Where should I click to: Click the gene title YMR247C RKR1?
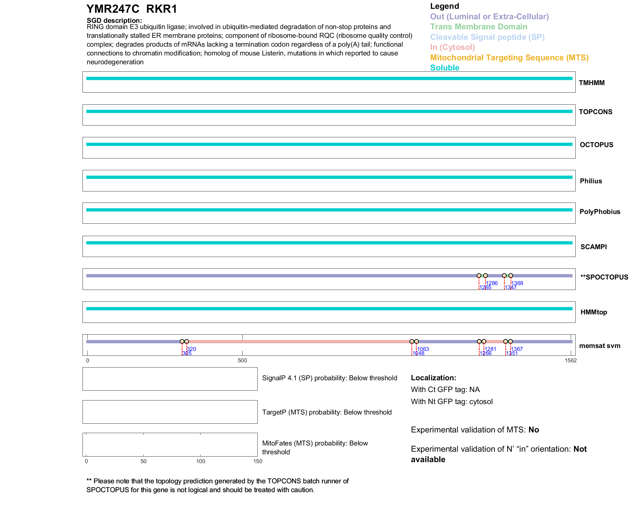(131, 9)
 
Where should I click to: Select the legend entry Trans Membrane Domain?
(478, 27)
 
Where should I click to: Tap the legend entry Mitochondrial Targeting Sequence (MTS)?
(509, 58)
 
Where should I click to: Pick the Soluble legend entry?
(445, 68)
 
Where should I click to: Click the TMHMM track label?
(591, 83)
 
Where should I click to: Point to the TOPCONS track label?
(595, 112)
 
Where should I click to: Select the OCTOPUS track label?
(596, 145)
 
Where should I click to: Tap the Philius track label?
(591, 181)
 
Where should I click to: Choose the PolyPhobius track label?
(599, 212)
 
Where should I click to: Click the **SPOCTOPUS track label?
(604, 277)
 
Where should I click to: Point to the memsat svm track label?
(599, 346)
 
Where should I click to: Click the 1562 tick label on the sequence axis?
(570, 360)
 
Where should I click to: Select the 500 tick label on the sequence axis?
(242, 360)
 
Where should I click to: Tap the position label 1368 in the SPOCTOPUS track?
(517, 283)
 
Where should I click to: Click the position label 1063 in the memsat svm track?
(423, 349)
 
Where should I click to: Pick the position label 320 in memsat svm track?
(191, 349)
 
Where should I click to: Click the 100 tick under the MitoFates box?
(201, 461)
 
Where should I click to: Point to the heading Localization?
(433, 378)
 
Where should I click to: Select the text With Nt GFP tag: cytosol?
(452, 401)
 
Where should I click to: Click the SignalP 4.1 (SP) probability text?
(329, 378)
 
